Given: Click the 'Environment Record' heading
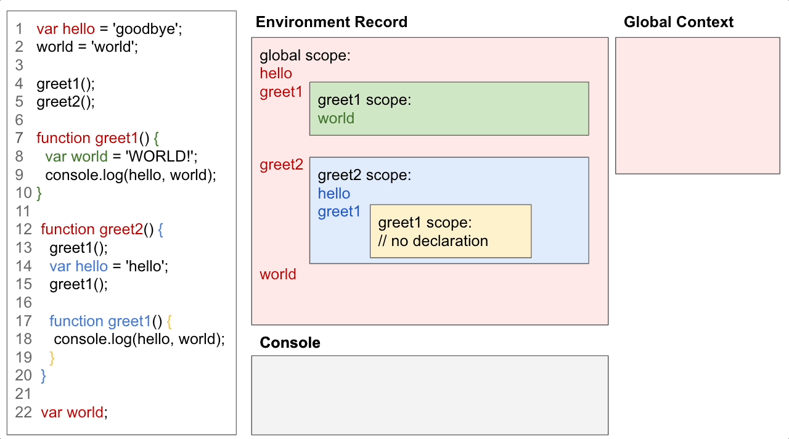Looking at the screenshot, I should point(331,22).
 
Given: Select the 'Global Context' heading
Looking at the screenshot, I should point(678,22).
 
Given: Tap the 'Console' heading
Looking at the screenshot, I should point(290,343).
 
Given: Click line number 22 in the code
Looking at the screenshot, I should point(23,412).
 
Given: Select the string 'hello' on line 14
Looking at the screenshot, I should point(147,266).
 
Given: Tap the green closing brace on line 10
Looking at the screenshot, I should point(39,194).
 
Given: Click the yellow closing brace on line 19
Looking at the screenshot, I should point(52,358).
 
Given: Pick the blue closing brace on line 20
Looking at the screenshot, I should point(43,375).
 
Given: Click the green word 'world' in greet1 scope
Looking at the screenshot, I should point(336,118).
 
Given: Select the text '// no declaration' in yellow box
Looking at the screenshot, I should point(433,241).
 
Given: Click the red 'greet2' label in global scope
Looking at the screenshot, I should point(281,165).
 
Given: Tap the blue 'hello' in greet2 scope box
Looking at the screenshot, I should point(333,194).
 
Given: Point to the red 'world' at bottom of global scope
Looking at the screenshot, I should point(277,274).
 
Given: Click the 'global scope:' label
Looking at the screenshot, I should point(305,56).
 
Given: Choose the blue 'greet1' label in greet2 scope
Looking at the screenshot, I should point(339,212).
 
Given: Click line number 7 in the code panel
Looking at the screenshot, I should point(19,138).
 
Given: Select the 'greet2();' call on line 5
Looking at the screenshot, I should point(66,102).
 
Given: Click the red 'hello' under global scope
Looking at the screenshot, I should point(276,73).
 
